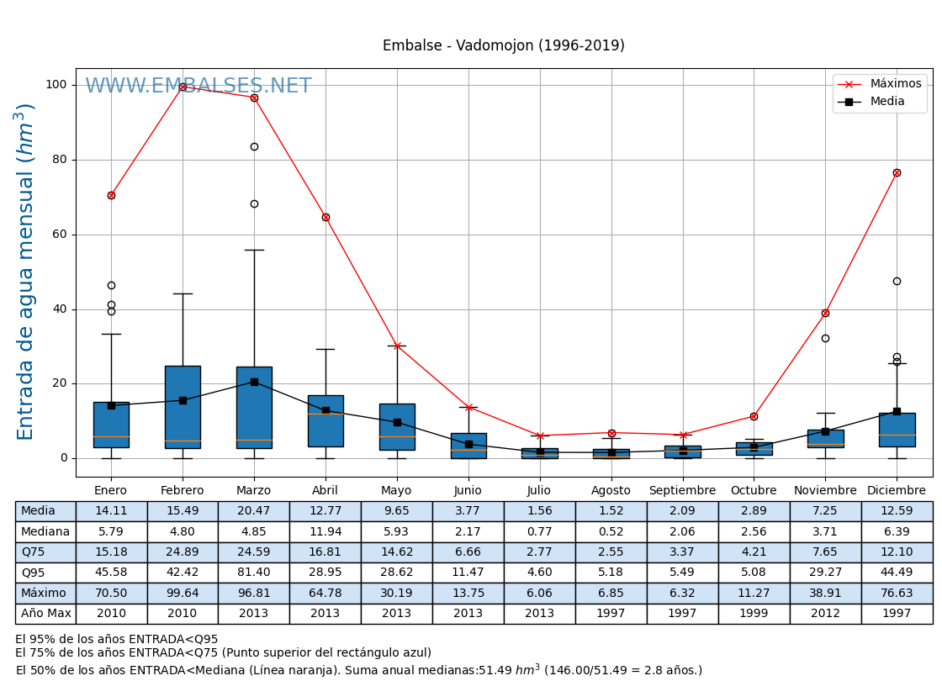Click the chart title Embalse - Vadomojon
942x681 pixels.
pyautogui.click(x=503, y=46)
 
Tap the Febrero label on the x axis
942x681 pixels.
pyautogui.click(x=183, y=491)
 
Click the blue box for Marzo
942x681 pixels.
pyautogui.click(x=254, y=407)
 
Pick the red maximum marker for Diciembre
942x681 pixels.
pyautogui.click(x=897, y=172)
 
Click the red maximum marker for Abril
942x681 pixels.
pyautogui.click(x=325, y=217)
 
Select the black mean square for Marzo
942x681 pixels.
pyautogui.click(x=254, y=382)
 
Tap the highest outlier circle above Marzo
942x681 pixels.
pyautogui.click(x=254, y=146)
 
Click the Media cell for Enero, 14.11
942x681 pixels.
pyautogui.click(x=111, y=511)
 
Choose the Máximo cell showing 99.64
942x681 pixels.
pyautogui.click(x=183, y=593)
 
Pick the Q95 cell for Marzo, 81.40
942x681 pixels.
pyautogui.click(x=254, y=573)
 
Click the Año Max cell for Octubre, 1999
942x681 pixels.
pyautogui.click(x=754, y=614)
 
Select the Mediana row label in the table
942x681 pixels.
pyautogui.click(x=45, y=531)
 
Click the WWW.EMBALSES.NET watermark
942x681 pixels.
pyautogui.click(x=198, y=87)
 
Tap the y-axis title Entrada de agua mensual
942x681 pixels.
pyautogui.click(x=25, y=272)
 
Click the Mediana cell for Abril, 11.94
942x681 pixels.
pyautogui.click(x=325, y=531)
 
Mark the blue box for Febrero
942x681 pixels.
pyautogui.click(x=183, y=407)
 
